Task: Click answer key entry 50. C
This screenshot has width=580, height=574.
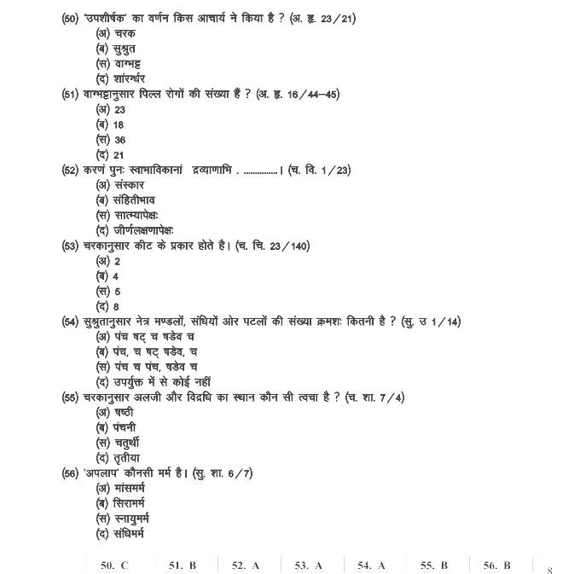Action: pos(114,565)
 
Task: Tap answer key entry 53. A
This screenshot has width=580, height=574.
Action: pos(309,565)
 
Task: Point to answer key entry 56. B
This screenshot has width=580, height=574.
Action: pos(496,565)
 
